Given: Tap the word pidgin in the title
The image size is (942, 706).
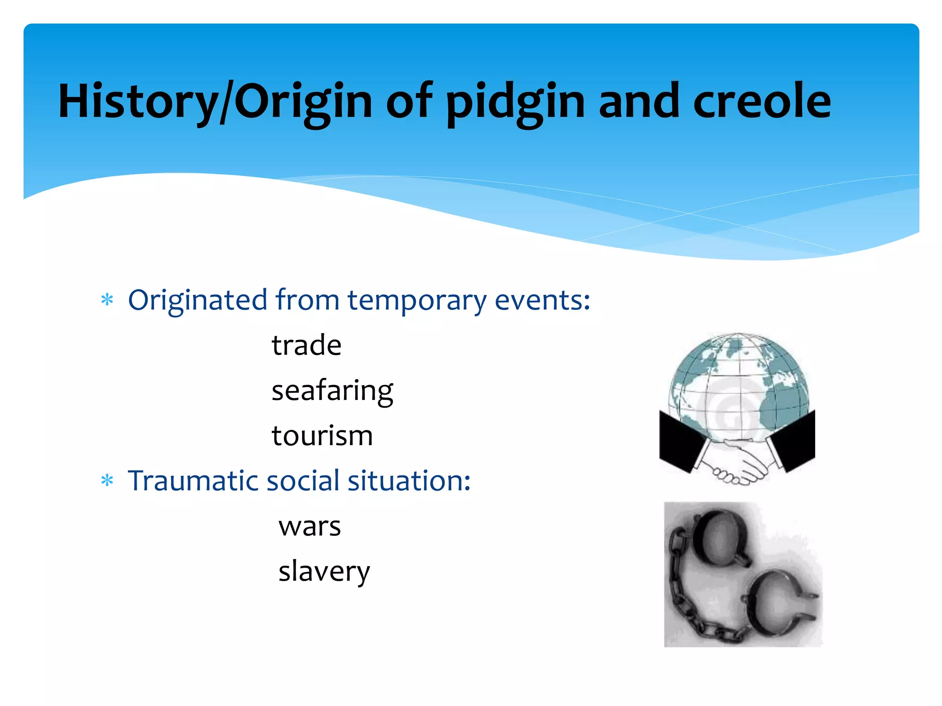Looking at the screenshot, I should coord(515,102).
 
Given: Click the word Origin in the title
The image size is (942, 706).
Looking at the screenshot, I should coord(304,102).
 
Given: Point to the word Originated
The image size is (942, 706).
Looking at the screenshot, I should coord(198,301).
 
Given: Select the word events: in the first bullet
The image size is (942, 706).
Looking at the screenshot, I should coord(543,301).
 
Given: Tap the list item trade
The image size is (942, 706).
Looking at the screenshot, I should coord(306,345).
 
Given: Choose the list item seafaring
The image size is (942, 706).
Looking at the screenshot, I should coord(332,391).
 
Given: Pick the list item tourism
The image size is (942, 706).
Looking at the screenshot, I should coord(322,436).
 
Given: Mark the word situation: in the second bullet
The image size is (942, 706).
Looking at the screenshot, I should coord(409,481).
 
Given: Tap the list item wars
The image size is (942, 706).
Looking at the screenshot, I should coord(310,527).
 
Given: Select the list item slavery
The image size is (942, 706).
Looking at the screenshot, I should coord(324,572).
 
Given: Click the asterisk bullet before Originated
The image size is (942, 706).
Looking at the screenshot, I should coord(107,300).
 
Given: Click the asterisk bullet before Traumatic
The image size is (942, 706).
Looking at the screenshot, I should coord(107,481).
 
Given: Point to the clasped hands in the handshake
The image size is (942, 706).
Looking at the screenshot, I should coord(736,462).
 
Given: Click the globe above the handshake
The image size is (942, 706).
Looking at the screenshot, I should coord(739,381).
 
